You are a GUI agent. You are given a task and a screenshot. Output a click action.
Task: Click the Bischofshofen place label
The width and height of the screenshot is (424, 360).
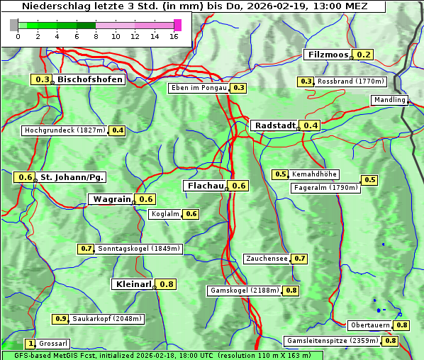click(90, 79)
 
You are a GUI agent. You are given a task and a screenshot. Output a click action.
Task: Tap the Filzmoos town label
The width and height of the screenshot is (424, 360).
click(328, 55)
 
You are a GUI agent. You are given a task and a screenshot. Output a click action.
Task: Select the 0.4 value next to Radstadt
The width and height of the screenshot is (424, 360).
click(311, 125)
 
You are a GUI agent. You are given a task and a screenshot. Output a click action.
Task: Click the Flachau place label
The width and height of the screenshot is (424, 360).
click(204, 186)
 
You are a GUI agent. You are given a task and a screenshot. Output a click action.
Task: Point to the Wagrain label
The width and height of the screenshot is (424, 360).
click(112, 199)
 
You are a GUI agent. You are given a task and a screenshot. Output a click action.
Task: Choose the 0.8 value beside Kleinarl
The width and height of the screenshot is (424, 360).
click(167, 284)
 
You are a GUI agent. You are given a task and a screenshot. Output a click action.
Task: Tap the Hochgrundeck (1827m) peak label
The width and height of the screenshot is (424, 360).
click(65, 130)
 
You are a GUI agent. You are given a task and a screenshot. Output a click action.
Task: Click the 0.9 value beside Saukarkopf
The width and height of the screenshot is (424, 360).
click(60, 319)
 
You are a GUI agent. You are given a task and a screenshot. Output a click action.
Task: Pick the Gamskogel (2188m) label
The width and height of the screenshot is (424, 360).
click(244, 291)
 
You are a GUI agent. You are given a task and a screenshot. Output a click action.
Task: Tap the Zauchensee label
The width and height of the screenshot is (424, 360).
click(267, 259)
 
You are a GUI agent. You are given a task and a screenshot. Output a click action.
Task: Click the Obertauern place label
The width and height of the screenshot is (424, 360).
click(370, 325)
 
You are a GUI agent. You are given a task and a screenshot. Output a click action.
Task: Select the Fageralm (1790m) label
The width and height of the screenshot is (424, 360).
click(325, 188)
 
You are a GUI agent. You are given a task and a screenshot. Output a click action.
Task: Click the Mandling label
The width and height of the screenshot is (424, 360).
click(389, 100)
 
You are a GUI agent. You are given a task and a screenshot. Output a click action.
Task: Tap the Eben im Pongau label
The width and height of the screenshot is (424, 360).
click(199, 88)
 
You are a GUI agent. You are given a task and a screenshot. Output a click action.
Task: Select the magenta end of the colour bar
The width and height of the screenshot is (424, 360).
click(177, 25)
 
